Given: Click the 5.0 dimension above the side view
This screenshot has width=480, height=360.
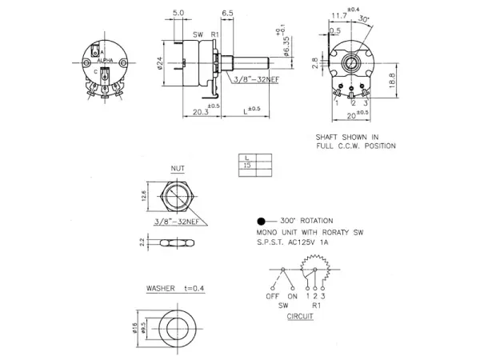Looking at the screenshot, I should click(178, 14).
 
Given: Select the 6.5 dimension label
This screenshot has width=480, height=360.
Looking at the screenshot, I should click(227, 14).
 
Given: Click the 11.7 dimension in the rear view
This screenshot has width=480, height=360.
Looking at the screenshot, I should click(339, 15).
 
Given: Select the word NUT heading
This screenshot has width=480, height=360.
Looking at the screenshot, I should click(178, 169).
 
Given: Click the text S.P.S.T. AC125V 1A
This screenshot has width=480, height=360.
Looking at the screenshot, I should click(293, 241).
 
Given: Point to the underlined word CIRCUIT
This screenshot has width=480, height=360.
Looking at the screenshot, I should click(300, 316).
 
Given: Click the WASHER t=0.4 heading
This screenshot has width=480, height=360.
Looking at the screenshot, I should click(171, 286).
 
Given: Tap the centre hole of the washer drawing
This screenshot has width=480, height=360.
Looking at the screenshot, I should click(178, 326).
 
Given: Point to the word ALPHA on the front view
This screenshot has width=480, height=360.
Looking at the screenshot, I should click(103, 60).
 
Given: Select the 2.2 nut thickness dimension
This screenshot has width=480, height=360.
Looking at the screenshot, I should click(143, 241).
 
